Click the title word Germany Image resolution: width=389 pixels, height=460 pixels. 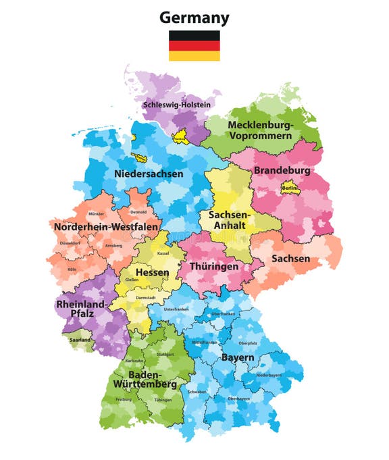(x=194, y=18)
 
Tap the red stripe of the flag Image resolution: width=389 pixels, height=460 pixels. (x=194, y=46)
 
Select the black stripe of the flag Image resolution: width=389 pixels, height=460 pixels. (x=194, y=36)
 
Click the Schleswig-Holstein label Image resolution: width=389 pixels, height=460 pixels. (x=176, y=105)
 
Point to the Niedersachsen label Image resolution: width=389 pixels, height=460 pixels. (x=149, y=174)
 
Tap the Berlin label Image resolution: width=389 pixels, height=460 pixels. (x=290, y=188)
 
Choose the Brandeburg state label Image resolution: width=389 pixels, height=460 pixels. (x=282, y=171)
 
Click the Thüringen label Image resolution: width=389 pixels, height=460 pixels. (x=214, y=266)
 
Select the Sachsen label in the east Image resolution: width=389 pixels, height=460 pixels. (x=290, y=258)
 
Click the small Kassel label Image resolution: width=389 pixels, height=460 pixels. (x=163, y=253)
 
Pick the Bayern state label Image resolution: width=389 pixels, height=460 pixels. (x=238, y=357)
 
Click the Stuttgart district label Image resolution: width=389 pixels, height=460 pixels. (x=165, y=354)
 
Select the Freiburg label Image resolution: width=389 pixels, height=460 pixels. (x=123, y=399)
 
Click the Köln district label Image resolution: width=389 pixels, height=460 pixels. (x=72, y=270)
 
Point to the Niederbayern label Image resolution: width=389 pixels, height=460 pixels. (x=268, y=375)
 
